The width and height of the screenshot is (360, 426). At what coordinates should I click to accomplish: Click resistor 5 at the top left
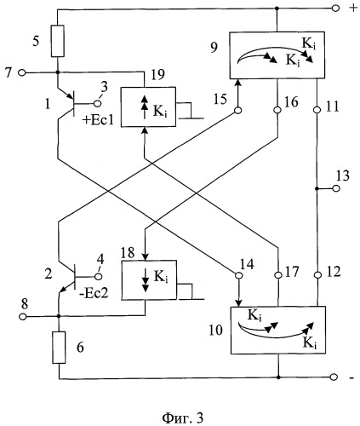pyautogui.click(x=58, y=41)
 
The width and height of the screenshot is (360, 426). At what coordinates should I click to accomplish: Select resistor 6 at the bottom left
pyautogui.click(x=59, y=347)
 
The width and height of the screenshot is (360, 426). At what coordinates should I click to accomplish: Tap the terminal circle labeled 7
pyautogui.click(x=22, y=72)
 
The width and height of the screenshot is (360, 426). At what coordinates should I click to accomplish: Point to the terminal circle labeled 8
pyautogui.click(x=22, y=316)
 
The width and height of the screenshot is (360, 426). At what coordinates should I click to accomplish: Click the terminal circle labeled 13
pyautogui.click(x=336, y=188)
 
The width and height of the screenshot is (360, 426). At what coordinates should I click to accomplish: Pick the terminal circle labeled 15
pyautogui.click(x=238, y=111)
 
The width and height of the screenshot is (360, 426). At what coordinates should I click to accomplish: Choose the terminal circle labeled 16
pyautogui.click(x=277, y=110)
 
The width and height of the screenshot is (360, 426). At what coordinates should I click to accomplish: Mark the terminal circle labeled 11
pyautogui.click(x=317, y=109)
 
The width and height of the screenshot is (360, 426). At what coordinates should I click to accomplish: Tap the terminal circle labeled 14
pyautogui.click(x=239, y=275)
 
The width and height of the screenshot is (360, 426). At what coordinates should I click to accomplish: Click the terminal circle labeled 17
pyautogui.click(x=278, y=275)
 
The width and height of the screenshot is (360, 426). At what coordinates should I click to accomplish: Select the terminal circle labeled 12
pyautogui.click(x=318, y=275)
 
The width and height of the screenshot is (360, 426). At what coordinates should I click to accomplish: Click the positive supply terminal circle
pyautogui.click(x=335, y=9)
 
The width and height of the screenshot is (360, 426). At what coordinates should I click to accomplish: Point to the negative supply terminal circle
pyautogui.click(x=334, y=377)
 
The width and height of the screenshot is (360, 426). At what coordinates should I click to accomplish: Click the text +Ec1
pyautogui.click(x=98, y=120)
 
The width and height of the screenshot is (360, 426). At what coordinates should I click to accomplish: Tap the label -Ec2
pyautogui.click(x=94, y=293)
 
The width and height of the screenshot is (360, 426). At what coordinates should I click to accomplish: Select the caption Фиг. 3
pyautogui.click(x=183, y=418)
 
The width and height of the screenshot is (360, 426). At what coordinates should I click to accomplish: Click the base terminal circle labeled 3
pyautogui.click(x=98, y=104)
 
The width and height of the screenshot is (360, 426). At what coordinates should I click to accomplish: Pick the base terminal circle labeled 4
pyautogui.click(x=99, y=276)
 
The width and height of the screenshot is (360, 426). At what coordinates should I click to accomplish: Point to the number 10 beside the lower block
pyautogui.click(x=216, y=331)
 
